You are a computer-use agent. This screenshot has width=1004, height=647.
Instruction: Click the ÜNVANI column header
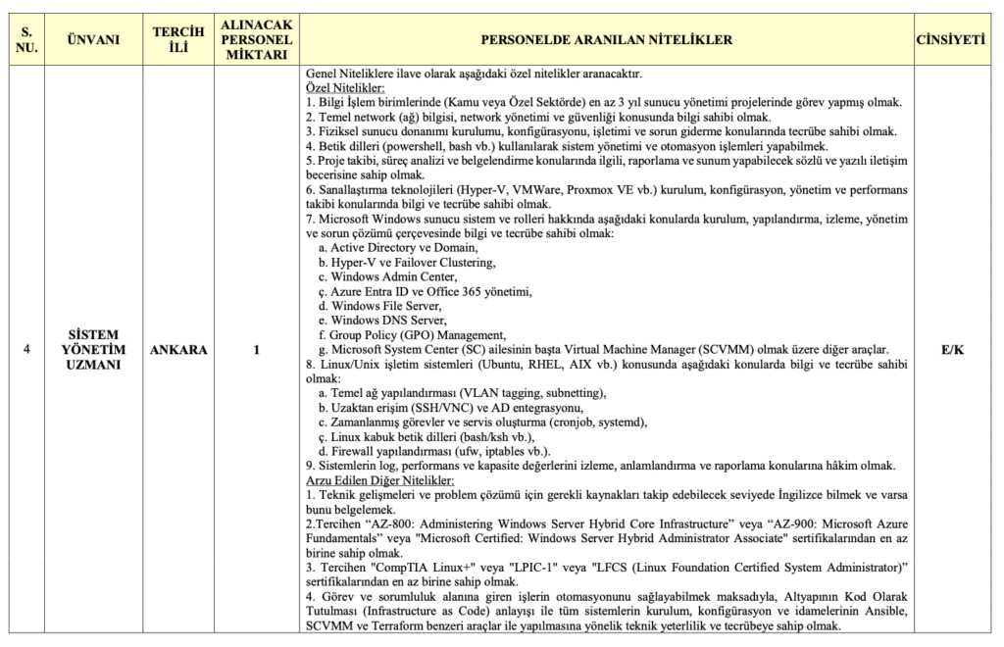[93, 39]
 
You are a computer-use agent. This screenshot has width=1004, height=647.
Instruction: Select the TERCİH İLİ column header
[178, 39]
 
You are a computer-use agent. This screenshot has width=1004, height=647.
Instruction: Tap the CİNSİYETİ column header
[949, 39]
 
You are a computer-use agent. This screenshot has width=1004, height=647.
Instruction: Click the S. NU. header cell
[27, 39]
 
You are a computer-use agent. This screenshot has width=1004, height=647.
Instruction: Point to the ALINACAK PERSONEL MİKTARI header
[254, 39]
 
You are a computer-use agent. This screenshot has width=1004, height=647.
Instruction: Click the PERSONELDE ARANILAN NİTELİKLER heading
[606, 39]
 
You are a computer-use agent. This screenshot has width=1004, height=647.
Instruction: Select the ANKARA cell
[178, 350]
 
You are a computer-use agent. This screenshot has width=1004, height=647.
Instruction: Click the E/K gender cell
[949, 350]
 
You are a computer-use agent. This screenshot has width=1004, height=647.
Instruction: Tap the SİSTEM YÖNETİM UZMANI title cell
[93, 350]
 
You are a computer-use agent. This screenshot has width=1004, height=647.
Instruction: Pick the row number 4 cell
[27, 350]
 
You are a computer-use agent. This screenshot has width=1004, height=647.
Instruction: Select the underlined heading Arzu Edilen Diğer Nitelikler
[379, 481]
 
